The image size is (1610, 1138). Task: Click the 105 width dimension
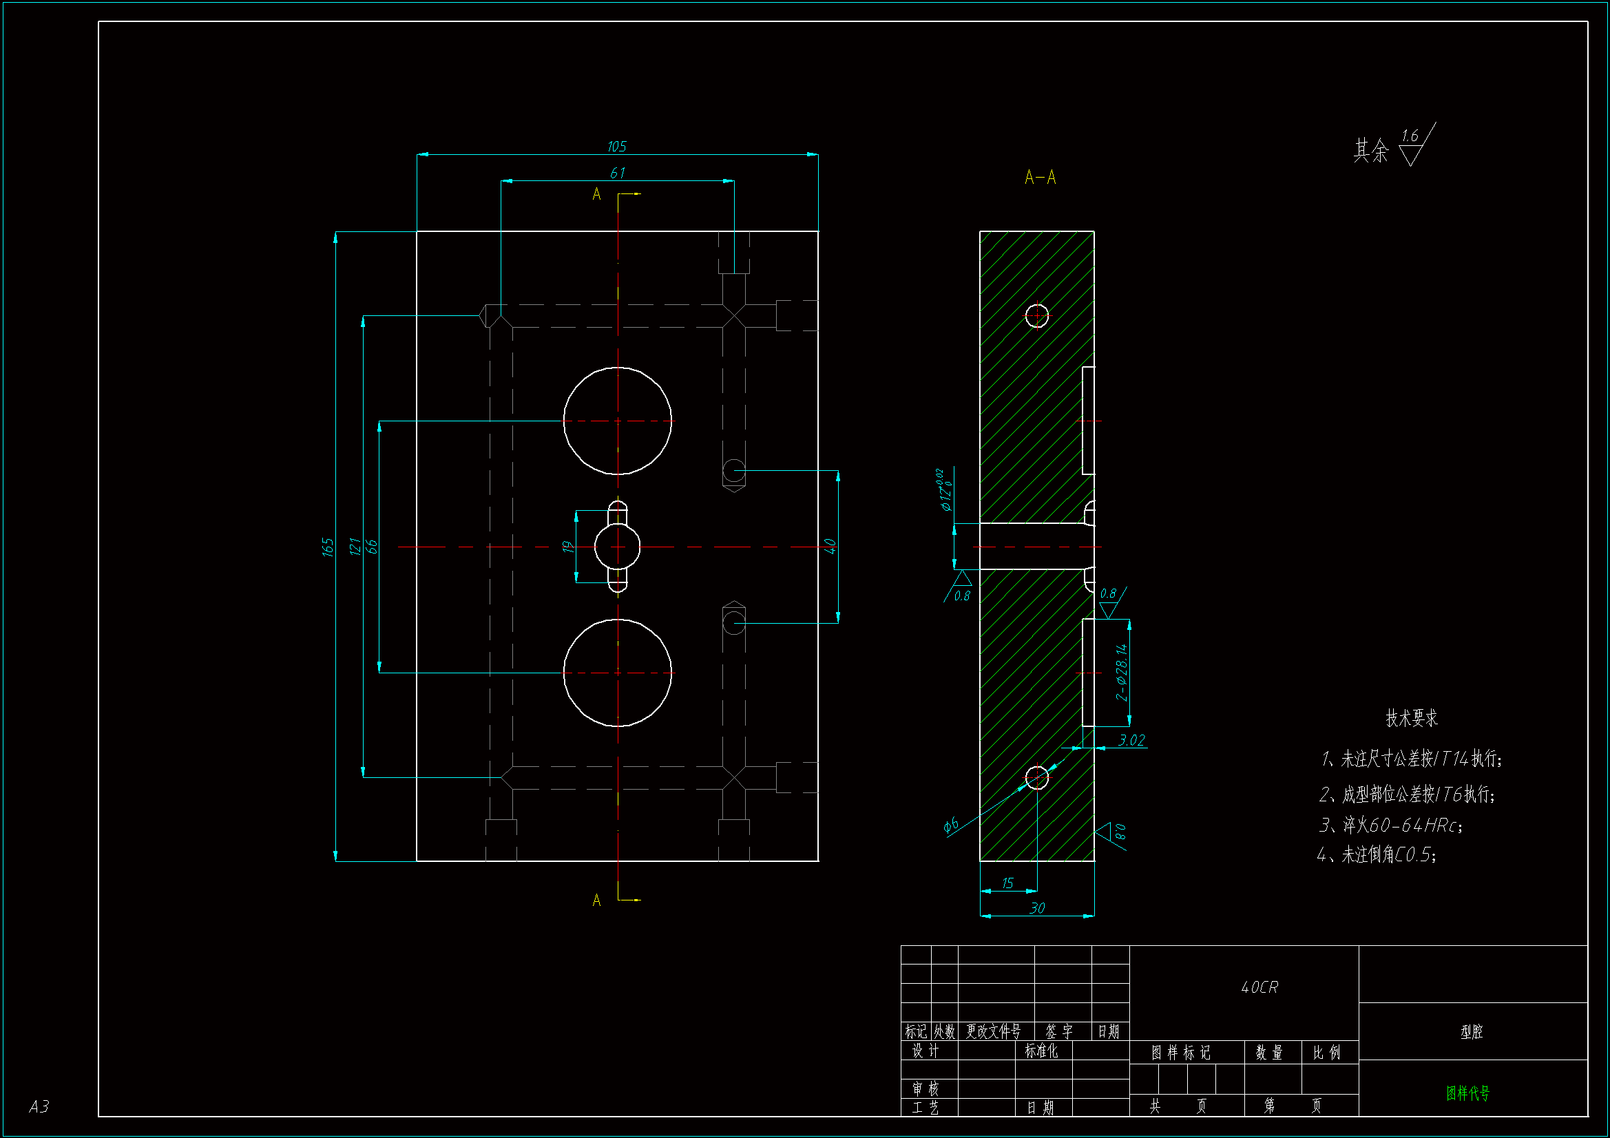pos(616,147)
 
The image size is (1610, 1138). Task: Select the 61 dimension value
pos(617,173)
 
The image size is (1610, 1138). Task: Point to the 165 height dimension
pos(328,546)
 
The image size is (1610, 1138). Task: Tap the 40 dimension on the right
pos(830,546)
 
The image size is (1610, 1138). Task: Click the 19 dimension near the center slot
pos(568,546)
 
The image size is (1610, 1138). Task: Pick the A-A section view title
pos(1040,178)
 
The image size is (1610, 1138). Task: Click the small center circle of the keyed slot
pos(617,546)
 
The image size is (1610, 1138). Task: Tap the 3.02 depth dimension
pos(1131,741)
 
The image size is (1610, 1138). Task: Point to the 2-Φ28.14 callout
pos(1122,673)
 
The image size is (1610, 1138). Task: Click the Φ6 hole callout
pos(951,825)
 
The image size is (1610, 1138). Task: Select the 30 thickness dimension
pos(1037,908)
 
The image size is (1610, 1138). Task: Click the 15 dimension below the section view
pos(1007,883)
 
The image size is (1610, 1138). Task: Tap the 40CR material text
pos(1259,987)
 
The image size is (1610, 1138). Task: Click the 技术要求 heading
pos(1412,718)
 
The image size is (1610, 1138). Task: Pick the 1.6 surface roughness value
pos(1410,136)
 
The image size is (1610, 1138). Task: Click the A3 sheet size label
pos(39,1106)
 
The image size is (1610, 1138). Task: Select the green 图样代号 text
pos(1467,1093)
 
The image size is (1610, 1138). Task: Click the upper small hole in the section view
pos(1036,315)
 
